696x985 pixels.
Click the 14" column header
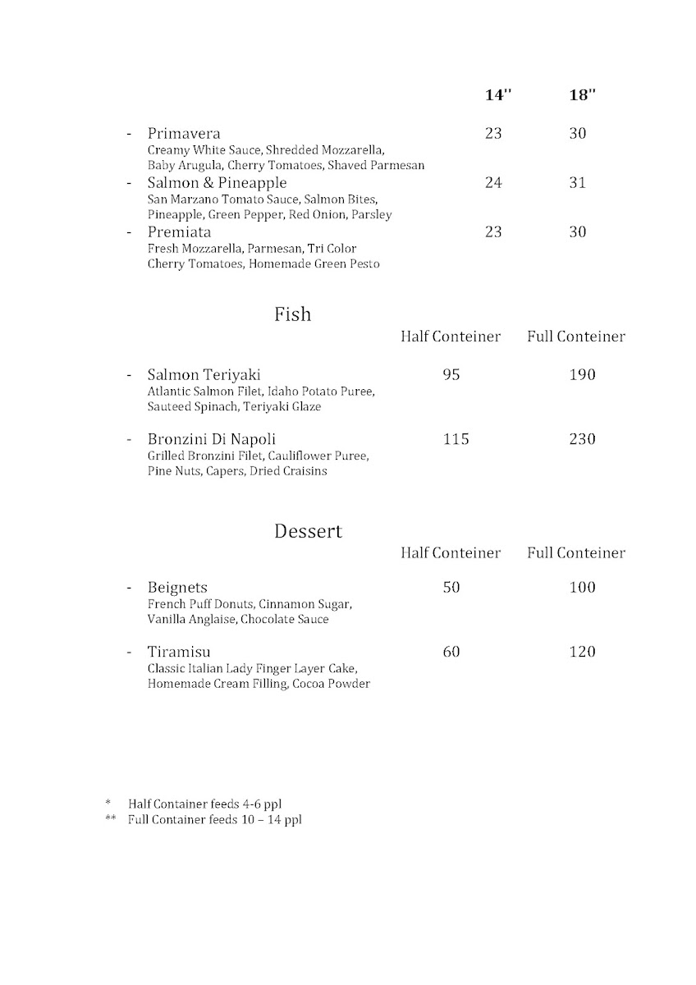(x=497, y=94)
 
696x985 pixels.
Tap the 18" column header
(x=581, y=94)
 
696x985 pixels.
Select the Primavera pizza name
(x=184, y=134)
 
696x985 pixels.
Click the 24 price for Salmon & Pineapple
(x=493, y=183)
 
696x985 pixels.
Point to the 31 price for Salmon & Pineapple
(x=578, y=183)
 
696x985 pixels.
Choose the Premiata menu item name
(x=179, y=232)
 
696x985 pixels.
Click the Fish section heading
(x=293, y=314)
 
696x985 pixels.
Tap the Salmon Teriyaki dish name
(x=204, y=375)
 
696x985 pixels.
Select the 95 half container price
(x=451, y=375)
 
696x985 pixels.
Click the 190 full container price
(x=582, y=375)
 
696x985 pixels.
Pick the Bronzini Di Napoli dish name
(x=217, y=439)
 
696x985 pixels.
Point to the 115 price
(x=456, y=439)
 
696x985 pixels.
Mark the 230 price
(x=582, y=439)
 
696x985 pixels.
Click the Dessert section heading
(x=308, y=531)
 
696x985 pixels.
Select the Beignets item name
(x=177, y=588)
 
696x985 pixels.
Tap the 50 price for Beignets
(x=451, y=588)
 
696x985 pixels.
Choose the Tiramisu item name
(x=179, y=653)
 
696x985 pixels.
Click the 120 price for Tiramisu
(x=582, y=653)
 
